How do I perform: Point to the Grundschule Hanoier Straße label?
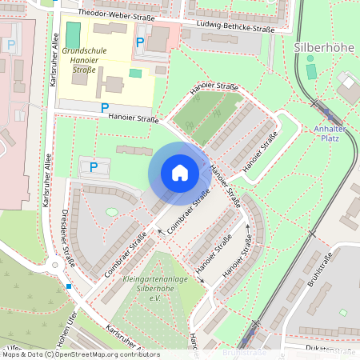click(84, 59)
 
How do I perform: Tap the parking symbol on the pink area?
click(11, 46)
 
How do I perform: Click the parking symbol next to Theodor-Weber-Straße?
click(141, 42)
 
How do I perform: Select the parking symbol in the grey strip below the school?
click(104, 107)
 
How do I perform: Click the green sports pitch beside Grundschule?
click(74, 34)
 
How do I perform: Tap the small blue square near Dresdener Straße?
click(70, 286)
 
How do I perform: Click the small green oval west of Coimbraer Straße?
click(110, 212)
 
